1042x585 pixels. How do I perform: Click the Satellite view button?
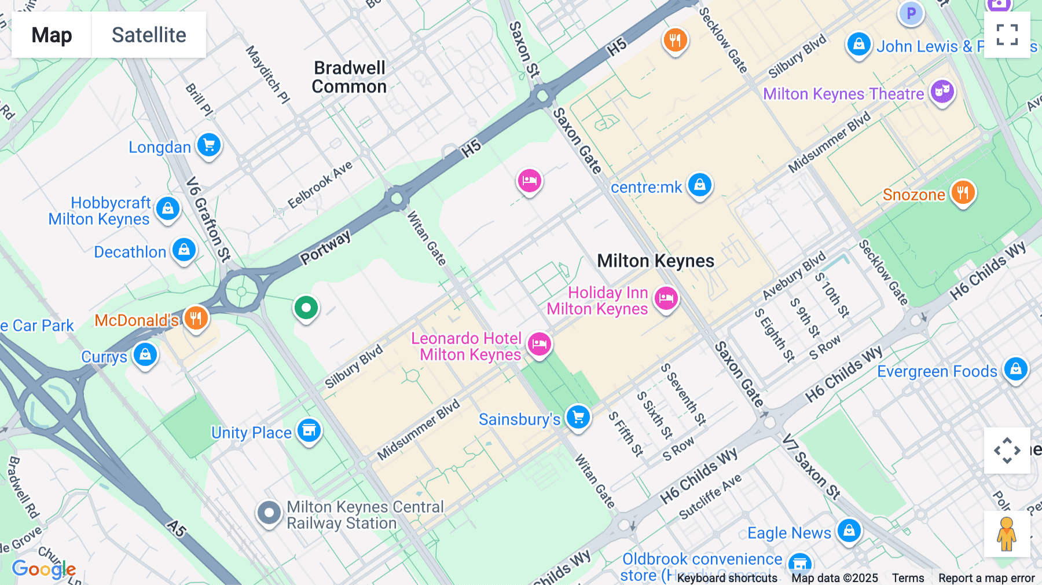pos(149,35)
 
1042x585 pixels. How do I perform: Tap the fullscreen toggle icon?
pos(1007,35)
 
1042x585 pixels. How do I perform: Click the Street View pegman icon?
pos(1007,533)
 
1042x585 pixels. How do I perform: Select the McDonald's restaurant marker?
pos(196,318)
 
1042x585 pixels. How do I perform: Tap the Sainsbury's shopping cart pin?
pos(578,416)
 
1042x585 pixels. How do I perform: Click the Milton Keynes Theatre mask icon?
pos(942,92)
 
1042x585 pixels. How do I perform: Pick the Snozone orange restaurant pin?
pos(962,192)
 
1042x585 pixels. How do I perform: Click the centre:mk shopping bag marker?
pos(699,185)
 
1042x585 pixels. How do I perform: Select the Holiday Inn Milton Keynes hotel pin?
pos(666,298)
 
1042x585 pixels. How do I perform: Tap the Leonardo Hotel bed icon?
pos(539,344)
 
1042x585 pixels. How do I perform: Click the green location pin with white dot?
pos(306,308)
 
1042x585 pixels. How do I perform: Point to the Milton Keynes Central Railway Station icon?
pos(269,513)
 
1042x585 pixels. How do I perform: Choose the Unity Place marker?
pos(309,430)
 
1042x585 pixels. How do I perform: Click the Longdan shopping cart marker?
pos(209,145)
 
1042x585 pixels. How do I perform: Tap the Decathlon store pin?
pos(184,250)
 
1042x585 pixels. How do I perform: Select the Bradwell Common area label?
pos(349,77)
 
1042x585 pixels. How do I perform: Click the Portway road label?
pos(325,247)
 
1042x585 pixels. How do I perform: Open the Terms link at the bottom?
pos(908,578)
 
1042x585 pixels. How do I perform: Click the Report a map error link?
pos(986,578)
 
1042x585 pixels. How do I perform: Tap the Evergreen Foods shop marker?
pos(1015,369)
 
